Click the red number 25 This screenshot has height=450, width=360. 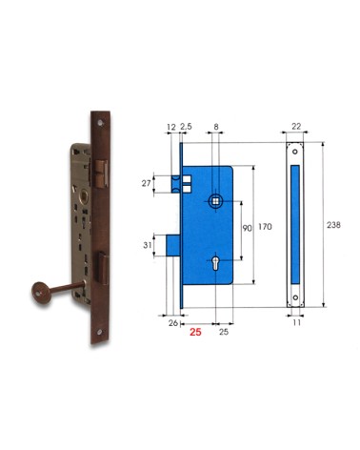pyautogui.click(x=194, y=333)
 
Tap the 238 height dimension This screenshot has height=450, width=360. pyautogui.click(x=332, y=225)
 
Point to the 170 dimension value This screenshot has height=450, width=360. pyautogui.click(x=266, y=226)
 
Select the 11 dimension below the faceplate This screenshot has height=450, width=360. pyautogui.click(x=296, y=324)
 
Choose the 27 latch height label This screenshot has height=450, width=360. pyautogui.click(x=158, y=181)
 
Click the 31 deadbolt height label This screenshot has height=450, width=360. pyautogui.click(x=158, y=246)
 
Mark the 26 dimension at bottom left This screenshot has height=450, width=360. pyautogui.click(x=172, y=324)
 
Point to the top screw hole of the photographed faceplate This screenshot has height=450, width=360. pyautogui.click(x=99, y=123)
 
